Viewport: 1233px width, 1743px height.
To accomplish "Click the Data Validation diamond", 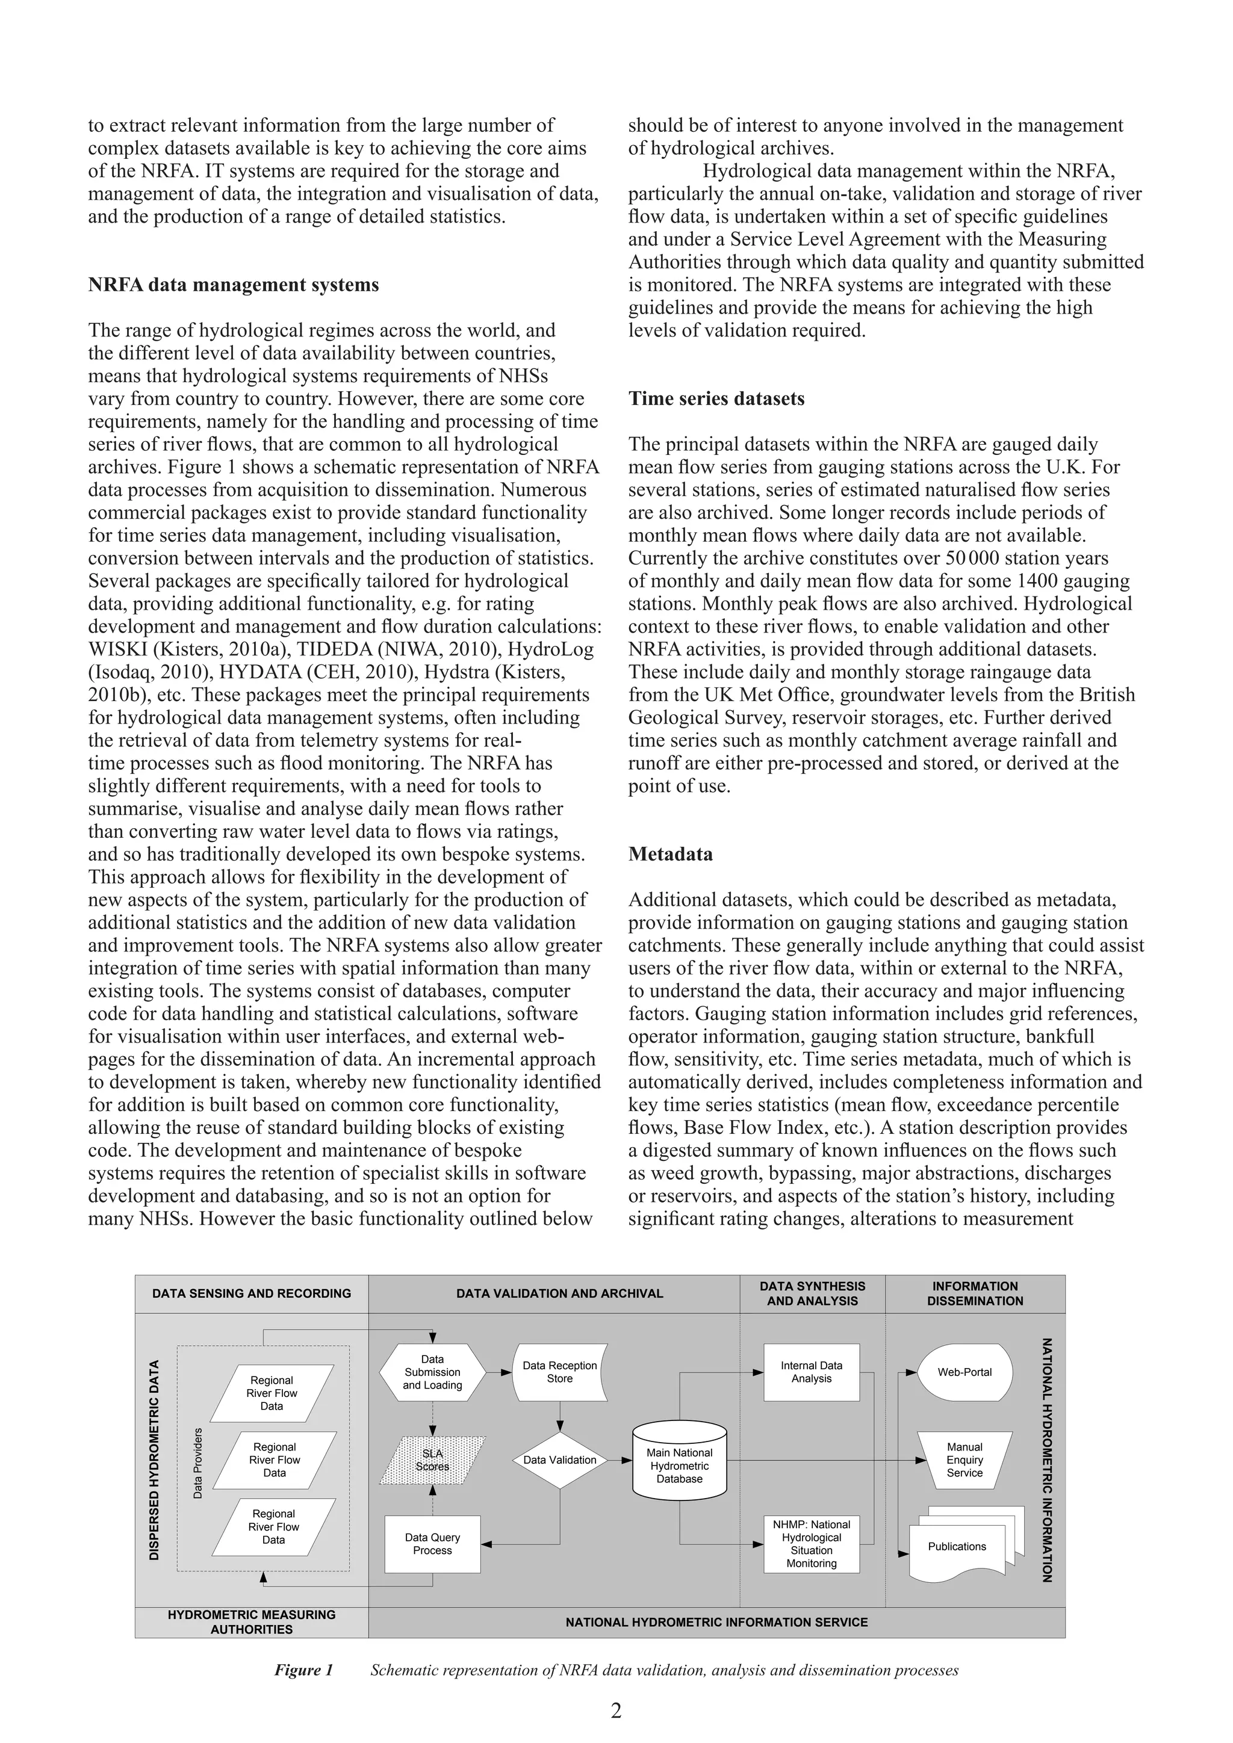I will [x=559, y=1459].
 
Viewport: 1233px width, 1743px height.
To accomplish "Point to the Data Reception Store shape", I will [x=559, y=1372].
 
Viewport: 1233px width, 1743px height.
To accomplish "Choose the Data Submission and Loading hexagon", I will [x=432, y=1372].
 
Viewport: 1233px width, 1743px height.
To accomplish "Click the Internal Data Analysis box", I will [x=811, y=1372].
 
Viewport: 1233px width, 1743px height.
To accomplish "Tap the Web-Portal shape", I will [x=964, y=1372].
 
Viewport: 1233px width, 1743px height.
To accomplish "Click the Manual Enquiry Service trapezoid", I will [x=964, y=1459].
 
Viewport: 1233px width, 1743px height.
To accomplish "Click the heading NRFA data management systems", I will [x=233, y=285].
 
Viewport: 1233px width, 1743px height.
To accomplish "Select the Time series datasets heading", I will [x=716, y=398].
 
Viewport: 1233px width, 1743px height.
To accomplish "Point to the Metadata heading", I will [x=671, y=854].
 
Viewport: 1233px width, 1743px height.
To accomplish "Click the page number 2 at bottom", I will [x=616, y=1710].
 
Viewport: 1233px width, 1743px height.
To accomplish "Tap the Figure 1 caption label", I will [x=303, y=1670].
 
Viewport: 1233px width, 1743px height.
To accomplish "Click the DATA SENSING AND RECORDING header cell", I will [x=251, y=1293].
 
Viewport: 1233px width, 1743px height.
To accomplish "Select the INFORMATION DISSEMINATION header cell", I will [x=975, y=1293].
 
